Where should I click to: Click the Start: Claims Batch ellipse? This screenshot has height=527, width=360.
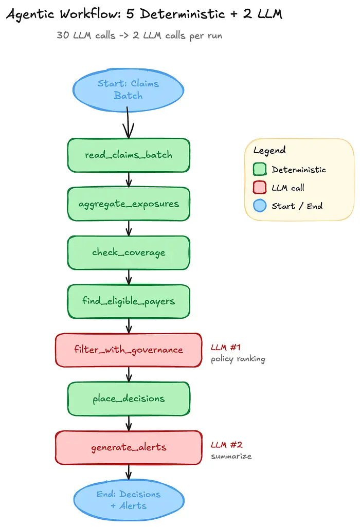[x=128, y=90]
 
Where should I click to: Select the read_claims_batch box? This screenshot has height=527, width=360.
[x=129, y=155]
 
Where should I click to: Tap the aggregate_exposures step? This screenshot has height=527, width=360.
[x=129, y=204]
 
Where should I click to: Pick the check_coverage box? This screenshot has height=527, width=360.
[x=129, y=253]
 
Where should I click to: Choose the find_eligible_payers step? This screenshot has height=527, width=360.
[x=129, y=301]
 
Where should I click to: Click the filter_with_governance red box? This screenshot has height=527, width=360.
[x=129, y=350]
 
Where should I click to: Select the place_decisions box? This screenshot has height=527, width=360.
[x=129, y=398]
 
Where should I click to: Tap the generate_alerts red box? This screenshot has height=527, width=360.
[x=129, y=447]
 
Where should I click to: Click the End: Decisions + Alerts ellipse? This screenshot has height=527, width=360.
[x=129, y=500]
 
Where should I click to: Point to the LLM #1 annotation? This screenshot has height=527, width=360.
[x=226, y=347]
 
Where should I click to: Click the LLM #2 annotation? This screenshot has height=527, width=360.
[x=227, y=445]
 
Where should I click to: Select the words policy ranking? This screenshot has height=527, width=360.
[x=238, y=359]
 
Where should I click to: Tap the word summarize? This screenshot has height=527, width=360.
[x=231, y=456]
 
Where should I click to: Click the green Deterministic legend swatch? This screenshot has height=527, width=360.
[x=260, y=169]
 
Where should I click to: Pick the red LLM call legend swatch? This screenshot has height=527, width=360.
[x=260, y=187]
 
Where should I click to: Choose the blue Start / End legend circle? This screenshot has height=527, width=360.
[x=260, y=205]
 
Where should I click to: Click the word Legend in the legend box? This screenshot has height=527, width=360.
[x=269, y=151]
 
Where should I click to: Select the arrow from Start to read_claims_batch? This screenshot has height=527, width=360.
[x=128, y=123]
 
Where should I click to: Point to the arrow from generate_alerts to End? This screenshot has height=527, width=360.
[x=129, y=472]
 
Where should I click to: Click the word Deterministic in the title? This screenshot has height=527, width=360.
[x=182, y=14]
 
